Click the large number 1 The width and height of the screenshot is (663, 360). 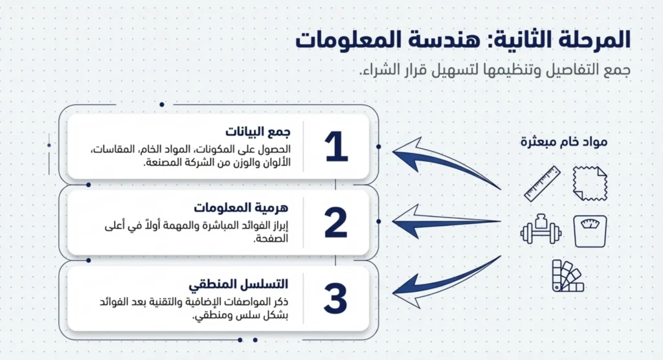[337, 147]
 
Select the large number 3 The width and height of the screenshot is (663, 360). [336, 298]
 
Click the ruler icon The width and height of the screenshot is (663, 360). [542, 183]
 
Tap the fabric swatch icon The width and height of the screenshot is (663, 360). [589, 183]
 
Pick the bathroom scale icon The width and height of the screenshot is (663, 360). [590, 231]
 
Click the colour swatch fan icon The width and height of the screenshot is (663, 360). [567, 276]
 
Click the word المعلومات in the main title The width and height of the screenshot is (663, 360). [352, 39]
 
